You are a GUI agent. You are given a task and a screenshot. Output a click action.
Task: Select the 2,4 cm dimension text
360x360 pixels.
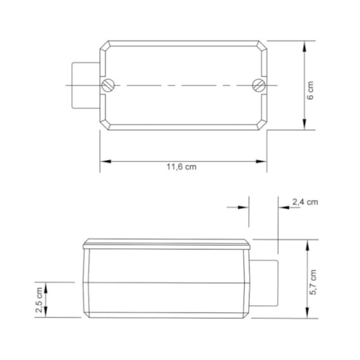(x=304, y=202)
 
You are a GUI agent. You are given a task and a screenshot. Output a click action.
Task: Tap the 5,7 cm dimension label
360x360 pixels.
(x=313, y=283)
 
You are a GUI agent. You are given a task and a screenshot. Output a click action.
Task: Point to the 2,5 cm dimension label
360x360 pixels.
(x=38, y=300)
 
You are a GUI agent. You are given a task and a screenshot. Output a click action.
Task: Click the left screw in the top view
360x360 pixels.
(x=110, y=85)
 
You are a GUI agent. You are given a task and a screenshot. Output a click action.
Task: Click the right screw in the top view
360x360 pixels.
(x=259, y=85)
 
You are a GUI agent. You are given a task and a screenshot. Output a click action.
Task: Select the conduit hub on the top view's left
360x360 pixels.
(x=83, y=84)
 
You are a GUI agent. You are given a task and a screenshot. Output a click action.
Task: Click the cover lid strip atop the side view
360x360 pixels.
(x=167, y=242)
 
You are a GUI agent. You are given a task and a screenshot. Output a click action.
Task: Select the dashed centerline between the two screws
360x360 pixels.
(x=184, y=85)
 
